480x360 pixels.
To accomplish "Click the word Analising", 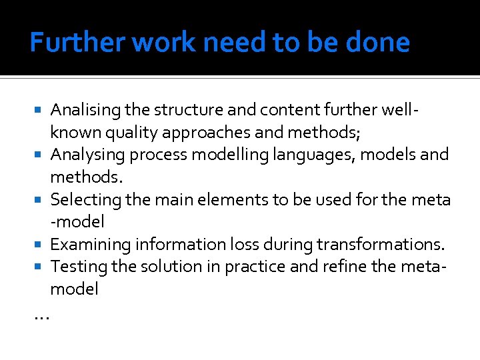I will [x=87, y=109].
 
